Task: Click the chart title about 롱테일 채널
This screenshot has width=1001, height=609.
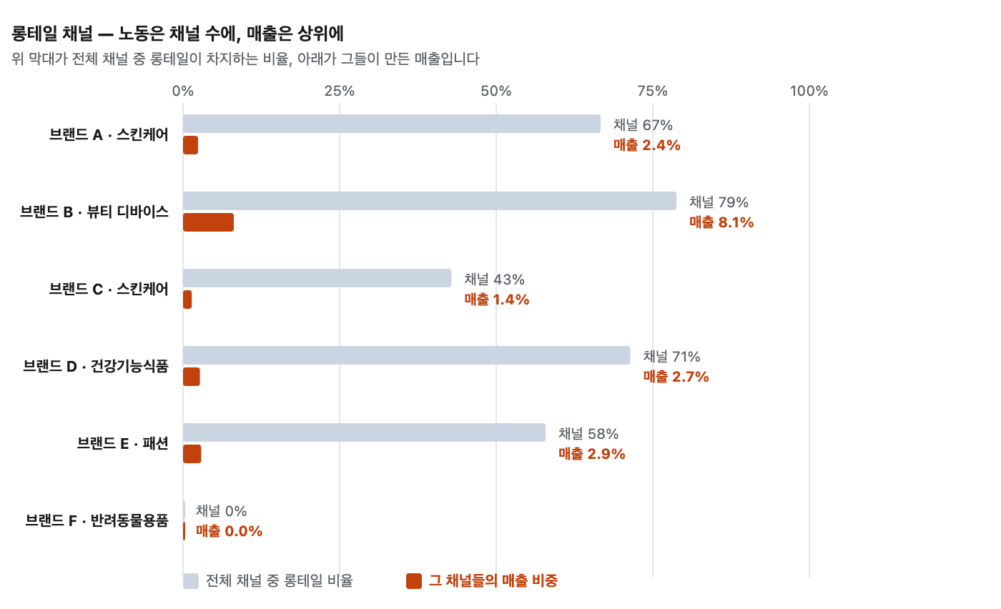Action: click(x=177, y=34)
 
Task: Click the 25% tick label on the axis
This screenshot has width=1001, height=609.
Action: click(x=339, y=91)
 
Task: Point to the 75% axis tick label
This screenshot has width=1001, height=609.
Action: click(x=652, y=91)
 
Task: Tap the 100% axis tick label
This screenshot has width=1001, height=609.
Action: click(x=809, y=91)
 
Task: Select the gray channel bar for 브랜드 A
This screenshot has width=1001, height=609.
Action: click(x=392, y=124)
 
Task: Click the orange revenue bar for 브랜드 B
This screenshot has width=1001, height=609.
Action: click(x=208, y=222)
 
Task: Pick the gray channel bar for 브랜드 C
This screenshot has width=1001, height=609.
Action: click(x=317, y=278)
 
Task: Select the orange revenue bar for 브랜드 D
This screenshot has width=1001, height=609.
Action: click(x=192, y=377)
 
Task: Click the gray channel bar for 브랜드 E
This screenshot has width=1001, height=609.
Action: click(x=364, y=432)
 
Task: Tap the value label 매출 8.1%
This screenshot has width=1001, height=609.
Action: click(x=721, y=222)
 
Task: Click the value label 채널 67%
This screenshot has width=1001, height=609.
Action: click(x=643, y=125)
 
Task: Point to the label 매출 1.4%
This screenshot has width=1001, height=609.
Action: click(x=496, y=299)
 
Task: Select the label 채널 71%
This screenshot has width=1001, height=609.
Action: click(x=671, y=357)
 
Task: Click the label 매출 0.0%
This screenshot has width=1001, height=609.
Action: click(x=229, y=531)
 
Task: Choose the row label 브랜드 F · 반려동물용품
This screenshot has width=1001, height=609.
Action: click(x=97, y=520)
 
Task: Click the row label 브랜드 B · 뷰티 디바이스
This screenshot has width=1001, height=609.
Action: click(x=94, y=212)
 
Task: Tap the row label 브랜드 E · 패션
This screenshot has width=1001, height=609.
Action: click(x=123, y=443)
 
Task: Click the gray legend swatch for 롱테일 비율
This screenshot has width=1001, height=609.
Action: click(x=191, y=581)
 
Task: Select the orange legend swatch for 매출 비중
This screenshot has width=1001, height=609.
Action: click(x=414, y=581)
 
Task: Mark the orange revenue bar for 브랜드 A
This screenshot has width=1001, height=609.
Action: click(x=190, y=145)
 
